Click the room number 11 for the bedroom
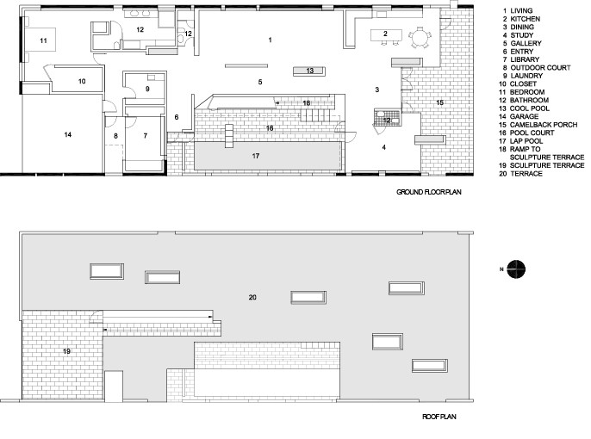coord(41,40)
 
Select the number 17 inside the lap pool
coord(256,156)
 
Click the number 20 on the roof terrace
coord(252,297)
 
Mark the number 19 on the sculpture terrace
coord(65,351)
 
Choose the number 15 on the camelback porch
coord(439,102)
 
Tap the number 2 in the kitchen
coord(385,34)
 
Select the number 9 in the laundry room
coord(147,88)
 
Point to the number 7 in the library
coord(145,135)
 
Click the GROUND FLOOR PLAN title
coord(428,192)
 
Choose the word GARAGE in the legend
coord(526,106)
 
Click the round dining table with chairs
coord(420,36)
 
